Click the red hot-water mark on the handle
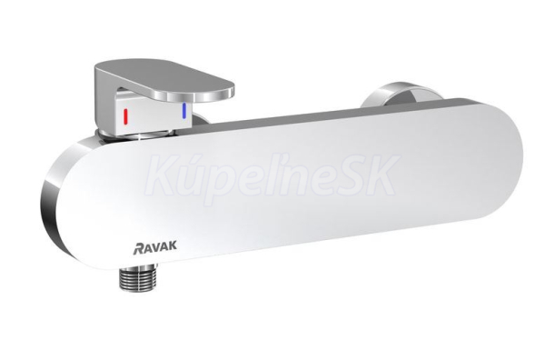point(126,116)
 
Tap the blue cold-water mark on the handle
point(184,111)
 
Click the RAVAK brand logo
point(155,246)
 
